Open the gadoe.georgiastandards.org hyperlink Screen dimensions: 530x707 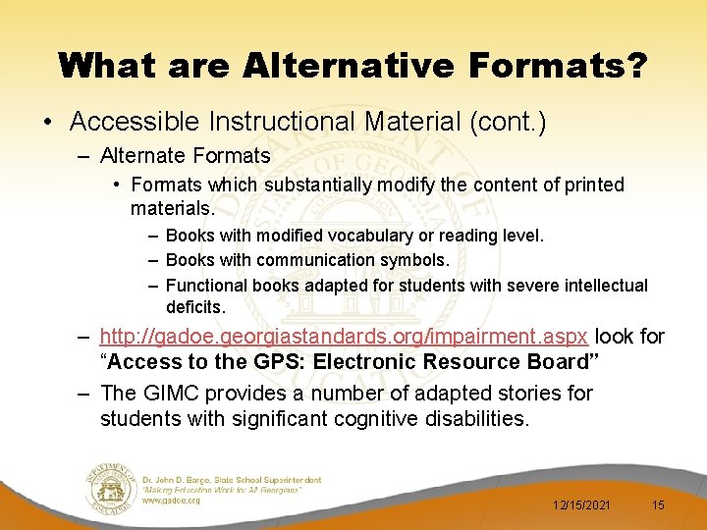(x=344, y=337)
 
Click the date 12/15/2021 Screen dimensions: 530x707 (x=583, y=504)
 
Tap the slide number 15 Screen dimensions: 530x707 (x=658, y=504)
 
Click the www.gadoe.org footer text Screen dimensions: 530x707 (x=171, y=500)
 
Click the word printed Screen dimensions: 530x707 (x=588, y=185)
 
